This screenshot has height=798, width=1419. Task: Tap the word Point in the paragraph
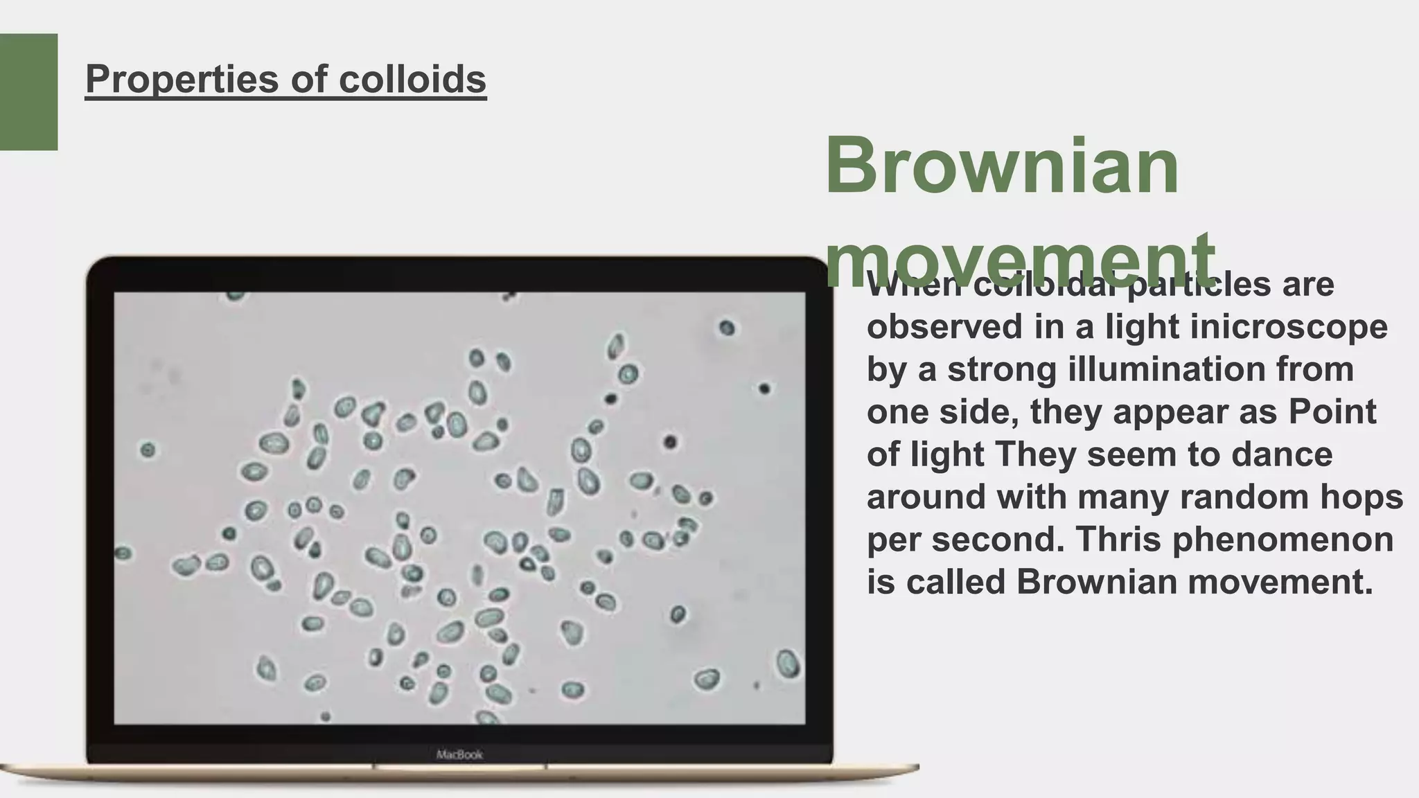click(1332, 411)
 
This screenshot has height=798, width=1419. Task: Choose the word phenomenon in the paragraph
click(1283, 540)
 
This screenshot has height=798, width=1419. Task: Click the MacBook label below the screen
click(459, 754)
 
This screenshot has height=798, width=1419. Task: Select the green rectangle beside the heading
click(28, 91)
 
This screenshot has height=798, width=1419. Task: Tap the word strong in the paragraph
click(1002, 369)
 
